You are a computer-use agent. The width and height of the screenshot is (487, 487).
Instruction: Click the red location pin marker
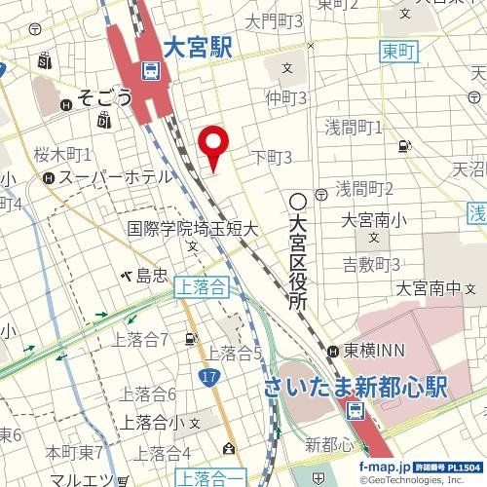tap(213, 149)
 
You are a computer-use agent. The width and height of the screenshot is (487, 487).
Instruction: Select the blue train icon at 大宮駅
tap(150, 70)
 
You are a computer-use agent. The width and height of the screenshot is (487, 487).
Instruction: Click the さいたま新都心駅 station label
tap(356, 387)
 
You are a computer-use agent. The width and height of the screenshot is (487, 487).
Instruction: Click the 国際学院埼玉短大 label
tap(192, 229)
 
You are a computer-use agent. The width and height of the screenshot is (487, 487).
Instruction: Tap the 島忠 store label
tap(154, 277)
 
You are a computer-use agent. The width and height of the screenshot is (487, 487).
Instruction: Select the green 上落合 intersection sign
tap(203, 287)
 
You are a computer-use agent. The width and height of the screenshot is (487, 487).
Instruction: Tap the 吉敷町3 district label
tap(373, 264)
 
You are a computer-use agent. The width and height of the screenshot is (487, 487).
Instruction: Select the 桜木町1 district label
tap(62, 155)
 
